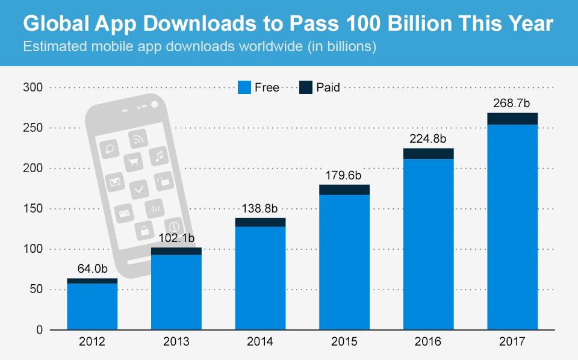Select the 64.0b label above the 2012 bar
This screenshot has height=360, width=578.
[x=92, y=268]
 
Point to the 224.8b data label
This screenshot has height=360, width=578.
[x=428, y=138]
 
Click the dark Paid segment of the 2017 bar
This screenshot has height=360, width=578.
[x=512, y=119]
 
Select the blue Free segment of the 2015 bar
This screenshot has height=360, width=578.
[x=344, y=262]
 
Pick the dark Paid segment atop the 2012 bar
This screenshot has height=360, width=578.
[x=92, y=281]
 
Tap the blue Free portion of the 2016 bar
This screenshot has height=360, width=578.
[x=428, y=244]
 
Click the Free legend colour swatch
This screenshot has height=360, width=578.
[x=244, y=87]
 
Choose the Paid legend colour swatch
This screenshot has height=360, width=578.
[x=306, y=87]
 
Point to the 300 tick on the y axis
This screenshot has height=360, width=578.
[x=33, y=88]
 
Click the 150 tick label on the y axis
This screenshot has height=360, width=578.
[x=33, y=209]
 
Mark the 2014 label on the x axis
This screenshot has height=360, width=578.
[x=260, y=342]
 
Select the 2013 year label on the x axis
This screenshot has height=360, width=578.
[x=176, y=342]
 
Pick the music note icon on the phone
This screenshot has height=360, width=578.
[x=158, y=156]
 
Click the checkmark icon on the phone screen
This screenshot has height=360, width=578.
[x=140, y=188]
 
